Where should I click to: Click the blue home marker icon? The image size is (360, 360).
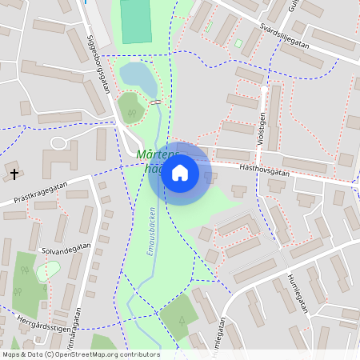tap(180, 173)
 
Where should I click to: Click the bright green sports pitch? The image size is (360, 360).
tap(135, 21)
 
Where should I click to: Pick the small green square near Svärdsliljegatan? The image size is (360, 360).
tap(238, 43)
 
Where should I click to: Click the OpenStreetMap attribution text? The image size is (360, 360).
tap(81, 354)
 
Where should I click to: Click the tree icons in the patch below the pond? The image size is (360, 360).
tap(130, 113)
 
